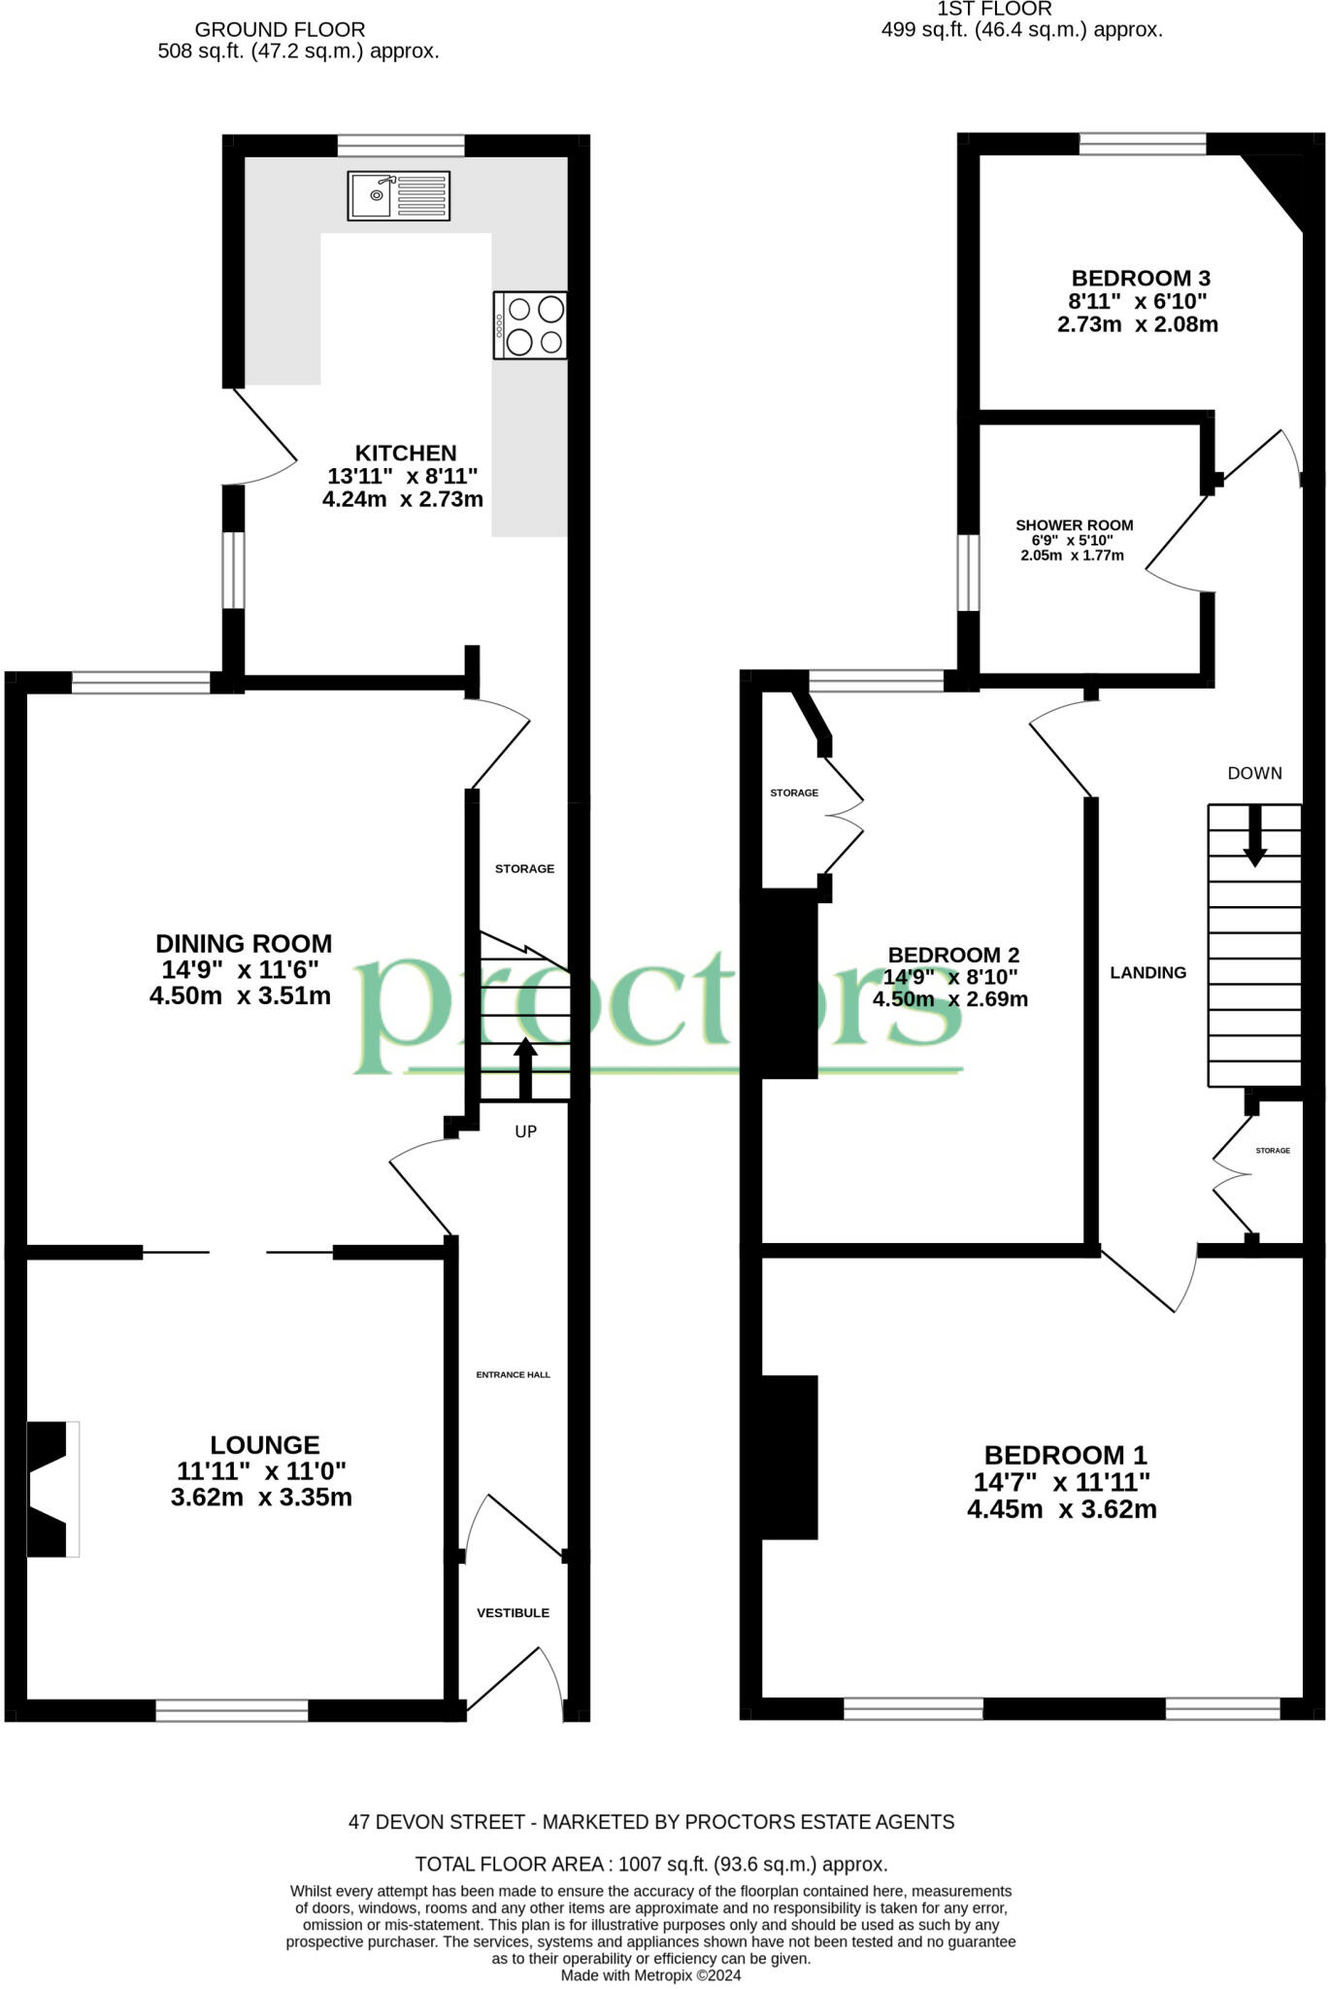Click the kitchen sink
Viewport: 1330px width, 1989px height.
point(399,195)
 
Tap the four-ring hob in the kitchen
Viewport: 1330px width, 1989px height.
point(530,325)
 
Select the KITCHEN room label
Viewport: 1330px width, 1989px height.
point(406,454)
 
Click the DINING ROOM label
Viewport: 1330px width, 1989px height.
point(244,944)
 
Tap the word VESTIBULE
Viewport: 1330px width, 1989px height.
point(513,1613)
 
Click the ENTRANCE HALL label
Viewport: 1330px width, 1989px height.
point(513,1375)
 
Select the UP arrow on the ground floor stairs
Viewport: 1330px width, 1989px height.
point(525,1069)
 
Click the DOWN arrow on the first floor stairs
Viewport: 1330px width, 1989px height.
point(1255,835)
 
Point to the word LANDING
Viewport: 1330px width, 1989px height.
point(1148,972)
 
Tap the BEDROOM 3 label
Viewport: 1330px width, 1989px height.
point(1141,279)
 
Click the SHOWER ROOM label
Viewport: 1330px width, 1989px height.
point(1075,525)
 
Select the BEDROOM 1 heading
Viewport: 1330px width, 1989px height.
point(1066,1455)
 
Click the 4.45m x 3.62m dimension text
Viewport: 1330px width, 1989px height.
point(1062,1509)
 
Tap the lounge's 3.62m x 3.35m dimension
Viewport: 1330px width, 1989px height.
point(261,1497)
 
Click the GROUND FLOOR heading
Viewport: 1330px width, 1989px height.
point(281,29)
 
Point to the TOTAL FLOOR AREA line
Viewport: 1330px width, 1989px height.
point(651,1864)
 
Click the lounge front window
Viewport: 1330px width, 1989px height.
point(232,1710)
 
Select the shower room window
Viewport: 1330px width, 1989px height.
point(968,573)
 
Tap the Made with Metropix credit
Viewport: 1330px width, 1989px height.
point(651,1975)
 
